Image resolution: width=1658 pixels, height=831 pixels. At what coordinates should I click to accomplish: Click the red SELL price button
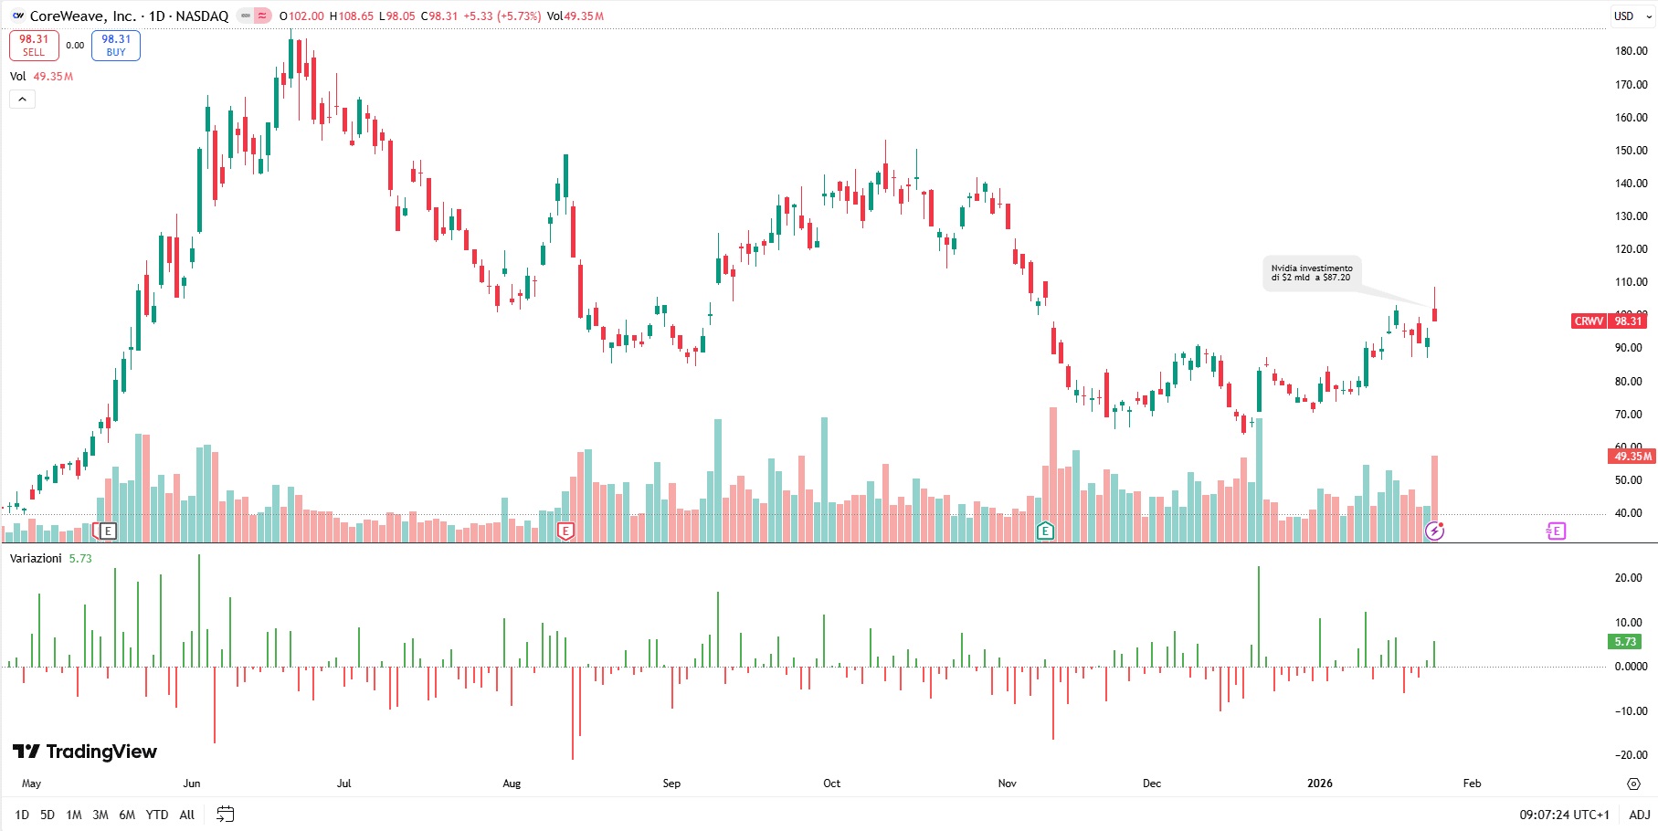[x=34, y=45]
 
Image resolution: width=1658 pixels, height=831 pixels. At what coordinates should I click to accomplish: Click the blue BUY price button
[x=116, y=45]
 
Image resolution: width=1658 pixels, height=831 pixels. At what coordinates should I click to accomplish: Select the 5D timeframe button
[x=48, y=815]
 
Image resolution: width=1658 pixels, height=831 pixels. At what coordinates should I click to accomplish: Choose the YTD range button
[x=157, y=815]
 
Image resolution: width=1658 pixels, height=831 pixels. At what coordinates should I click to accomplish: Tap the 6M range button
[x=127, y=815]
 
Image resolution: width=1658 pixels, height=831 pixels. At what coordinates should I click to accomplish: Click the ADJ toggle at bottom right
[x=1639, y=815]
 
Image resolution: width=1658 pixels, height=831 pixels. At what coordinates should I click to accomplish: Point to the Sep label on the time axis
[x=671, y=784]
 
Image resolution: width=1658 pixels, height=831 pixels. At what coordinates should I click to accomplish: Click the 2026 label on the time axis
[x=1319, y=784]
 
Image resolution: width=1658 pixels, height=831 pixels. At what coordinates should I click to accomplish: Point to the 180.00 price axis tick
[x=1631, y=51]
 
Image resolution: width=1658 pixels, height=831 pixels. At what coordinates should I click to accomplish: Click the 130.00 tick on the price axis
[x=1631, y=216]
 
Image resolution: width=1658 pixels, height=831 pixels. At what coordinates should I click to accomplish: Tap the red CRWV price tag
[x=1589, y=321]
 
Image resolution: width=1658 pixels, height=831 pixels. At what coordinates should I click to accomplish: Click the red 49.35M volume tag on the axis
[x=1632, y=456]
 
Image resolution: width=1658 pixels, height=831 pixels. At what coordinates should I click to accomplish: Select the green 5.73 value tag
[x=1625, y=642]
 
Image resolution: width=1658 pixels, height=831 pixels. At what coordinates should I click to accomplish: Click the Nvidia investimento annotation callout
[x=1312, y=273]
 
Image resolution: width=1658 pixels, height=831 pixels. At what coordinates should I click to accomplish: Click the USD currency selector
[x=1630, y=16]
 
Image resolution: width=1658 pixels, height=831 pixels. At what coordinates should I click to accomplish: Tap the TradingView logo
[x=85, y=752]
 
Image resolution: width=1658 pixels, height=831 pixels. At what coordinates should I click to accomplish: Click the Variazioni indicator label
[x=37, y=559]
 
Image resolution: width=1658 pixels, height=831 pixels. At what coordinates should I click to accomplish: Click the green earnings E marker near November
[x=1045, y=531]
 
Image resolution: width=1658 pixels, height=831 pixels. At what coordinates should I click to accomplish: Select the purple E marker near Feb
[x=1556, y=531]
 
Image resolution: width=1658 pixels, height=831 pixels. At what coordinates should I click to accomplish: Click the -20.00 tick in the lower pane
[x=1631, y=755]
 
